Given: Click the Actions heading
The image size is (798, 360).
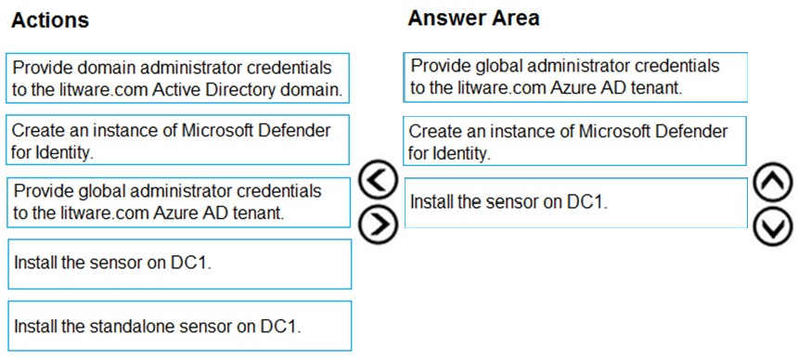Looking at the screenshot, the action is click(x=50, y=20).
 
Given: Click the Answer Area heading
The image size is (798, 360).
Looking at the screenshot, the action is click(x=473, y=19).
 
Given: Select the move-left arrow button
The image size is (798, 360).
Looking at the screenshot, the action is click(x=378, y=180).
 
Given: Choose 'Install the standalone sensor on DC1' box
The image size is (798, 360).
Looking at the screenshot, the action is click(x=180, y=326).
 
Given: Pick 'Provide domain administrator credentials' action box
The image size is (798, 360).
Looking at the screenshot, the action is click(x=177, y=79).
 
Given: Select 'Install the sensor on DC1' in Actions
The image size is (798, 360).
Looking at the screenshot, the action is click(x=180, y=264).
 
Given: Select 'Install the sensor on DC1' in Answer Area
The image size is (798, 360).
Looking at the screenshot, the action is click(x=575, y=202).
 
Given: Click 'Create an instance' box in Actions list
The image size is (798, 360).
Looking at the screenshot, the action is click(x=177, y=140).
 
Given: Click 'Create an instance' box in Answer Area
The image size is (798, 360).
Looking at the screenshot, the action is click(x=574, y=140).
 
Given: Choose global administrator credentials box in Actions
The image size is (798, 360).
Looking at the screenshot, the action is click(x=179, y=202).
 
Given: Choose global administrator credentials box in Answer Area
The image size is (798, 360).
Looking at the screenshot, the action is click(x=575, y=77).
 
